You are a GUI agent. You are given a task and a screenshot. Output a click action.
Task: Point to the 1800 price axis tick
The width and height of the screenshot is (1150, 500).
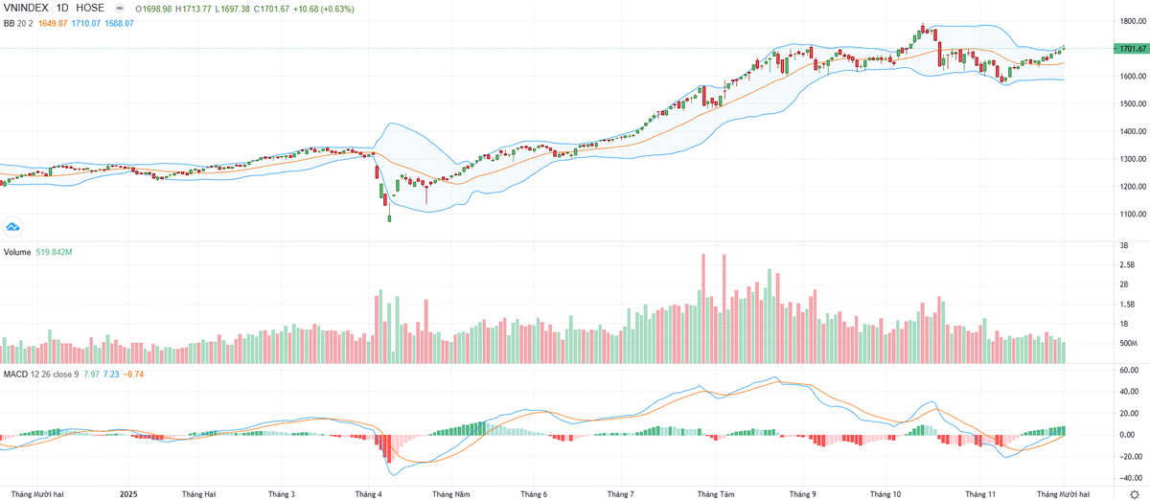click(1127, 20)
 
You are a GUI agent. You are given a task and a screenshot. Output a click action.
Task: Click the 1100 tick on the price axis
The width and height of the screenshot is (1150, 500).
click(1127, 215)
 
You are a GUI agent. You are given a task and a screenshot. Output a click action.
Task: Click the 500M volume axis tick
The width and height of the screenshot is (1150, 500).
click(1129, 343)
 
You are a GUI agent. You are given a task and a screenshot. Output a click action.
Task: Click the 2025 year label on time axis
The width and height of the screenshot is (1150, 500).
click(129, 494)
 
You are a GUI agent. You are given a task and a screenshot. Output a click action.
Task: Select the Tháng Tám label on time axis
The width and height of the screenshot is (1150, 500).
click(715, 494)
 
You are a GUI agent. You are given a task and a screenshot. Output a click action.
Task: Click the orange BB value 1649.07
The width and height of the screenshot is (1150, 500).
click(55, 22)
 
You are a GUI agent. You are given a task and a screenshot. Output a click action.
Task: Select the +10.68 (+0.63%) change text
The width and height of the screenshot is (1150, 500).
click(328, 8)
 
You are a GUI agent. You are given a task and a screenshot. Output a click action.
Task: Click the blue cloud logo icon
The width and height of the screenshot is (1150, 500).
click(13, 226)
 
